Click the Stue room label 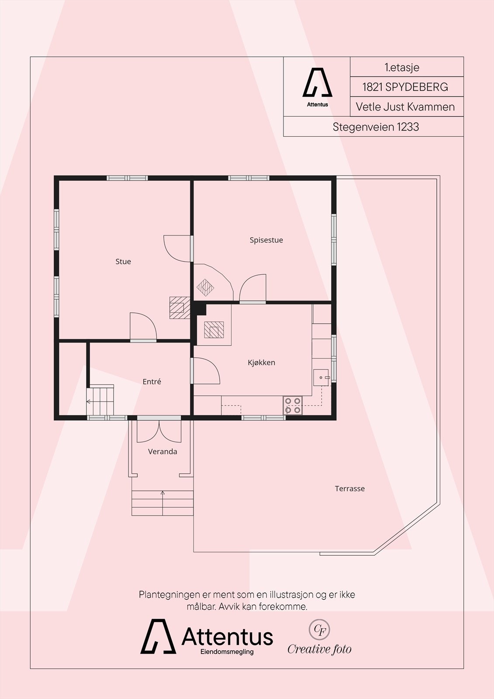(123, 262)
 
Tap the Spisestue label (266, 240)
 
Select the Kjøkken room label (262, 363)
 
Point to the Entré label (152, 381)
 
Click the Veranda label (162, 452)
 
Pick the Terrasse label (349, 489)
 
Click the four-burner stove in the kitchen (293, 405)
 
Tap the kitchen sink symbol (321, 377)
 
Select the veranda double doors (159, 431)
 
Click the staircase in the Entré (100, 401)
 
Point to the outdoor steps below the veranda (162, 503)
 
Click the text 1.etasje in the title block (402, 67)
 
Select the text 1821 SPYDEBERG (405, 87)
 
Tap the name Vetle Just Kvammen (405, 107)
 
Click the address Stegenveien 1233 (376, 127)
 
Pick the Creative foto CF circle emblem (319, 630)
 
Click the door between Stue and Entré (143, 326)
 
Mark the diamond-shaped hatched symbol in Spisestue (205, 287)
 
